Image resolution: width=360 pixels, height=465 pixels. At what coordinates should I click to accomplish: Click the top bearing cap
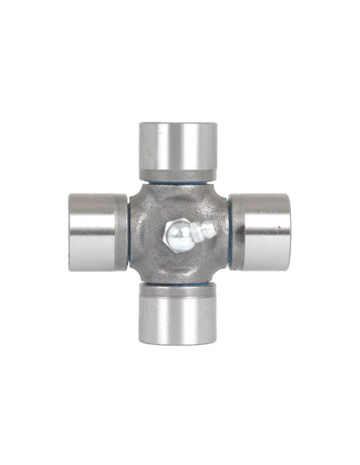(x=178, y=150)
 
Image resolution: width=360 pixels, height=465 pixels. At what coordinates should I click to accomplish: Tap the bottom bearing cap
(x=178, y=315)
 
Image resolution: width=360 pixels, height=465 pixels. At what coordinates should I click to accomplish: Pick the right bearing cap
(x=260, y=232)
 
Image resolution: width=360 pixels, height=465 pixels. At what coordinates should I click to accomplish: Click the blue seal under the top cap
(x=178, y=182)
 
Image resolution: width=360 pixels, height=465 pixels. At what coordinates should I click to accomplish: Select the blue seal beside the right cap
(x=229, y=232)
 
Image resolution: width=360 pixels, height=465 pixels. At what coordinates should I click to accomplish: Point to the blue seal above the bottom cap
(x=178, y=283)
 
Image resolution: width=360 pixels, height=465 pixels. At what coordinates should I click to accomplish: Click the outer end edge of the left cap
(x=71, y=232)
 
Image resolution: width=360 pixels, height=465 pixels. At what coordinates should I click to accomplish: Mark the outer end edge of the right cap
(x=288, y=232)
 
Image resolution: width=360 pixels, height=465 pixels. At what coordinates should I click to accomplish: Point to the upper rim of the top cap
(x=178, y=124)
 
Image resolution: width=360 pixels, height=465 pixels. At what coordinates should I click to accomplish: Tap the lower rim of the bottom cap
(x=178, y=342)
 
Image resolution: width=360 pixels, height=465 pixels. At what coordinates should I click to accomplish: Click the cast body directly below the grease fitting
(x=179, y=263)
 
